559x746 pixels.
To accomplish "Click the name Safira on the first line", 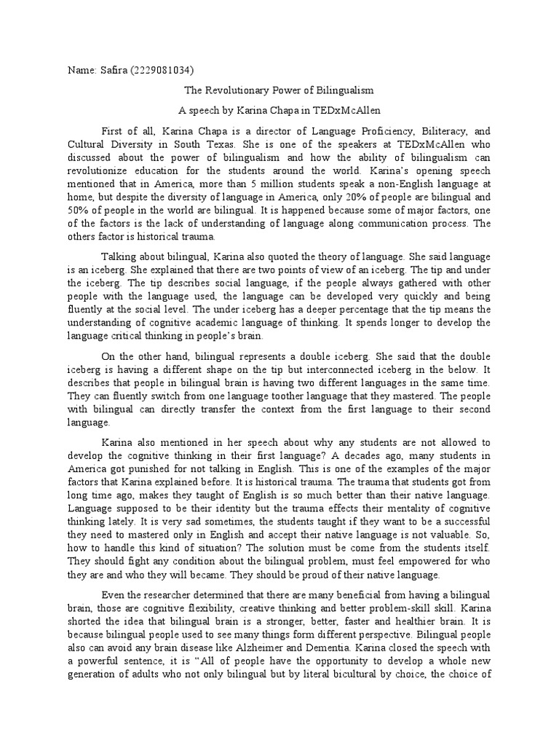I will tap(109, 70).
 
